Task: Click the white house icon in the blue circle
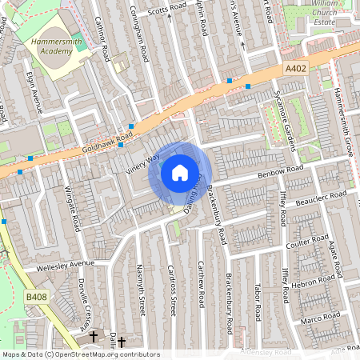(180, 172)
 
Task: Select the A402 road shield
(295, 70)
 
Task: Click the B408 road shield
(36, 297)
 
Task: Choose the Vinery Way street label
(143, 162)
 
